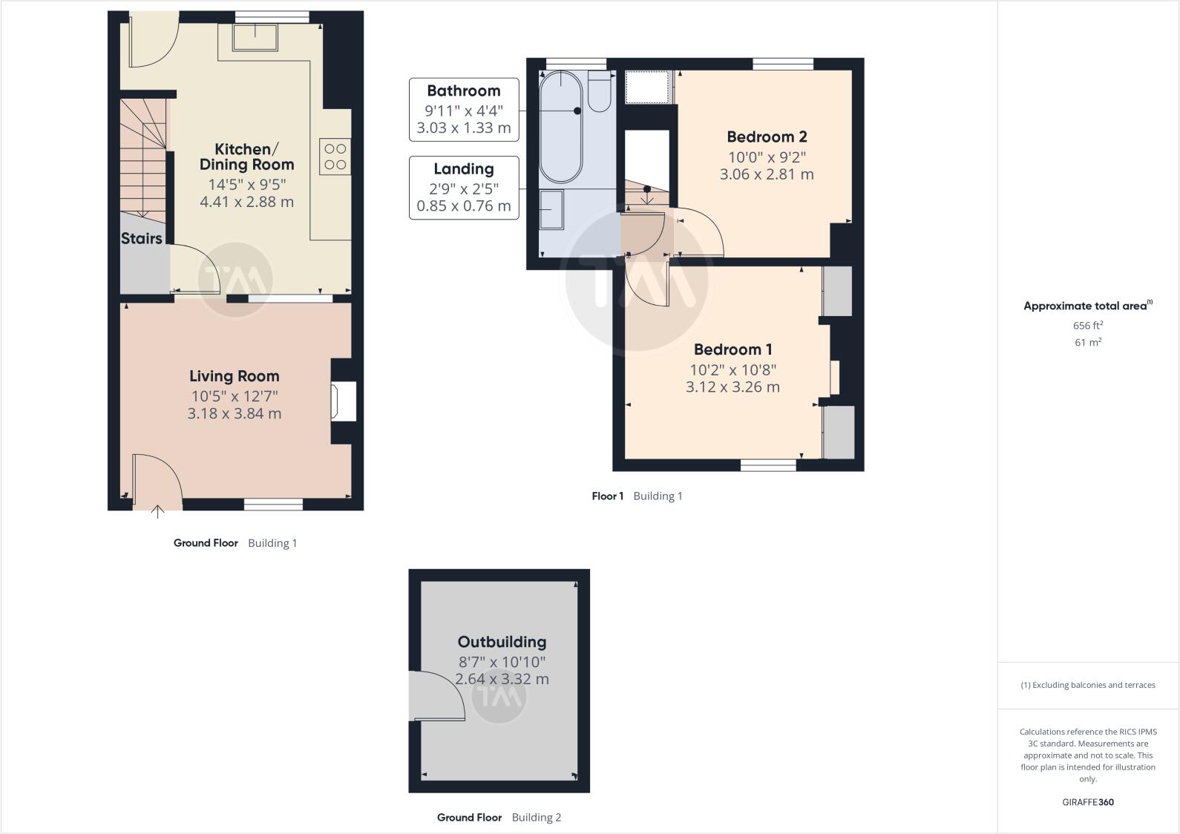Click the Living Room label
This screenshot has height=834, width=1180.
click(x=234, y=376)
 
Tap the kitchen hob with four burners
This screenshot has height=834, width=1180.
click(x=335, y=157)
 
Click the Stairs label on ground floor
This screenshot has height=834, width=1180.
click(x=141, y=238)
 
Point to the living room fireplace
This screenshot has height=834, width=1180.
click(x=344, y=401)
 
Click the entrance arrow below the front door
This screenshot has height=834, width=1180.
click(x=157, y=510)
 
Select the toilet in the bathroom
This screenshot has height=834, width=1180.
click(x=600, y=91)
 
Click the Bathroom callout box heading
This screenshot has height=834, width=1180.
click(x=463, y=91)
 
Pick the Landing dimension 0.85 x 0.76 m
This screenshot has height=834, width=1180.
click(x=463, y=206)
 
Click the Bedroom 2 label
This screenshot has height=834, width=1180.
click(x=766, y=137)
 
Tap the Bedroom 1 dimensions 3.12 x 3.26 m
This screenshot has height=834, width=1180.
click(x=732, y=387)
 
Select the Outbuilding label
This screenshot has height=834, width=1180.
click(x=502, y=642)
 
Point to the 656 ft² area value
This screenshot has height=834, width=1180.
click(x=1087, y=325)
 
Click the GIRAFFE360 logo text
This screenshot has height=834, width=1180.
click(x=1087, y=801)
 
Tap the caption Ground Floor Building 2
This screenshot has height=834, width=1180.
click(x=499, y=817)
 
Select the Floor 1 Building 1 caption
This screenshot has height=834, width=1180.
click(x=636, y=496)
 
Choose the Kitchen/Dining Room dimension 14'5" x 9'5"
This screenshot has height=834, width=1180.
click(x=246, y=184)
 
